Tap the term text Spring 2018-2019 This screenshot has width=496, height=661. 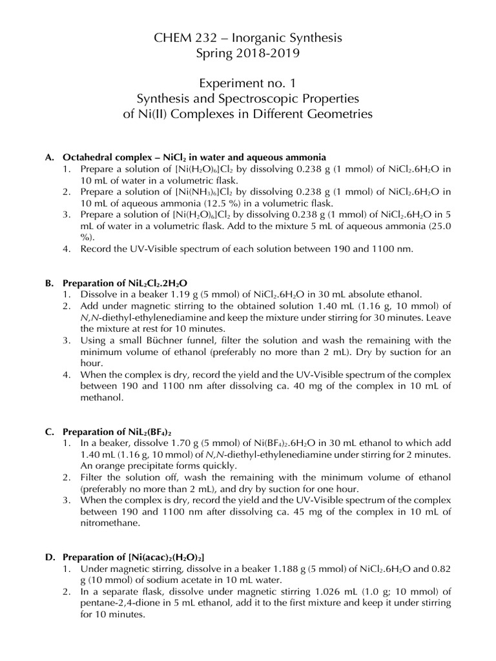click(248, 54)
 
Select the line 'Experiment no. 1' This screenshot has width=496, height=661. click(248, 84)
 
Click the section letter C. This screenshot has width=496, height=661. click(48, 432)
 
